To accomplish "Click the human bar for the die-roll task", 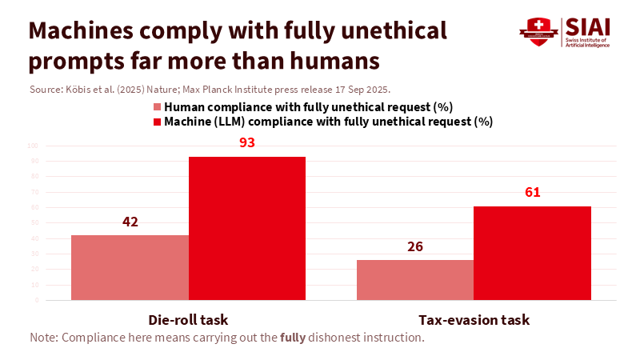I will click(x=130, y=267).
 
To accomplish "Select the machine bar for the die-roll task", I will click(x=247, y=228).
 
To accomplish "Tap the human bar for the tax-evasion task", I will click(x=415, y=280).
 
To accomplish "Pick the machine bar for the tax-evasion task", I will click(x=533, y=253).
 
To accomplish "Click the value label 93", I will click(x=247, y=143).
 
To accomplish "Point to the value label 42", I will click(x=130, y=222).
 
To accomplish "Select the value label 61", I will click(x=533, y=193).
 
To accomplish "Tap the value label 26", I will click(x=415, y=246).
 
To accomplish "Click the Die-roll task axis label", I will click(x=189, y=320).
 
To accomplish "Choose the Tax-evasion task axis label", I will click(x=474, y=320).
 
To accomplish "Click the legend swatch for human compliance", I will click(x=157, y=107).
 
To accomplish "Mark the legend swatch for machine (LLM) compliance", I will click(x=157, y=122).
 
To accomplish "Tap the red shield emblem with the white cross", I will click(x=536, y=31).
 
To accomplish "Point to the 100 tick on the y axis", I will click(x=33, y=146).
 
